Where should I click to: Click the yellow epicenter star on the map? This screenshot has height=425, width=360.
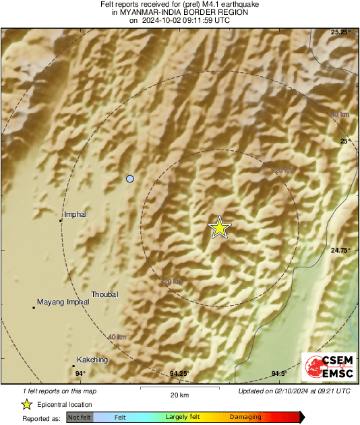click(219, 228)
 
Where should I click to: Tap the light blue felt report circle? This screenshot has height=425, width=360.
click(130, 178)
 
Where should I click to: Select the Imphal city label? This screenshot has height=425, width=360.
click(76, 215)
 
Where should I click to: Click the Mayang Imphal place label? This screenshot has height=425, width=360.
click(63, 302)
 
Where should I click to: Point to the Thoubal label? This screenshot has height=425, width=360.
click(104, 294)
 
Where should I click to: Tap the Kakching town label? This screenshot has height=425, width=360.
click(92, 360)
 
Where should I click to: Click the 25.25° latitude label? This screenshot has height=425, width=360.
click(341, 32)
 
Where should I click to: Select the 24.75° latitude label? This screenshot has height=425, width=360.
click(341, 250)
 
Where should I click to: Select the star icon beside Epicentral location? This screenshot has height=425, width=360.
click(26, 404)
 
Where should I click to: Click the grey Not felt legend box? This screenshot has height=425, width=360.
click(80, 418)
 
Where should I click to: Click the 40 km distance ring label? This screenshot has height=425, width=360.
click(117, 337)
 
